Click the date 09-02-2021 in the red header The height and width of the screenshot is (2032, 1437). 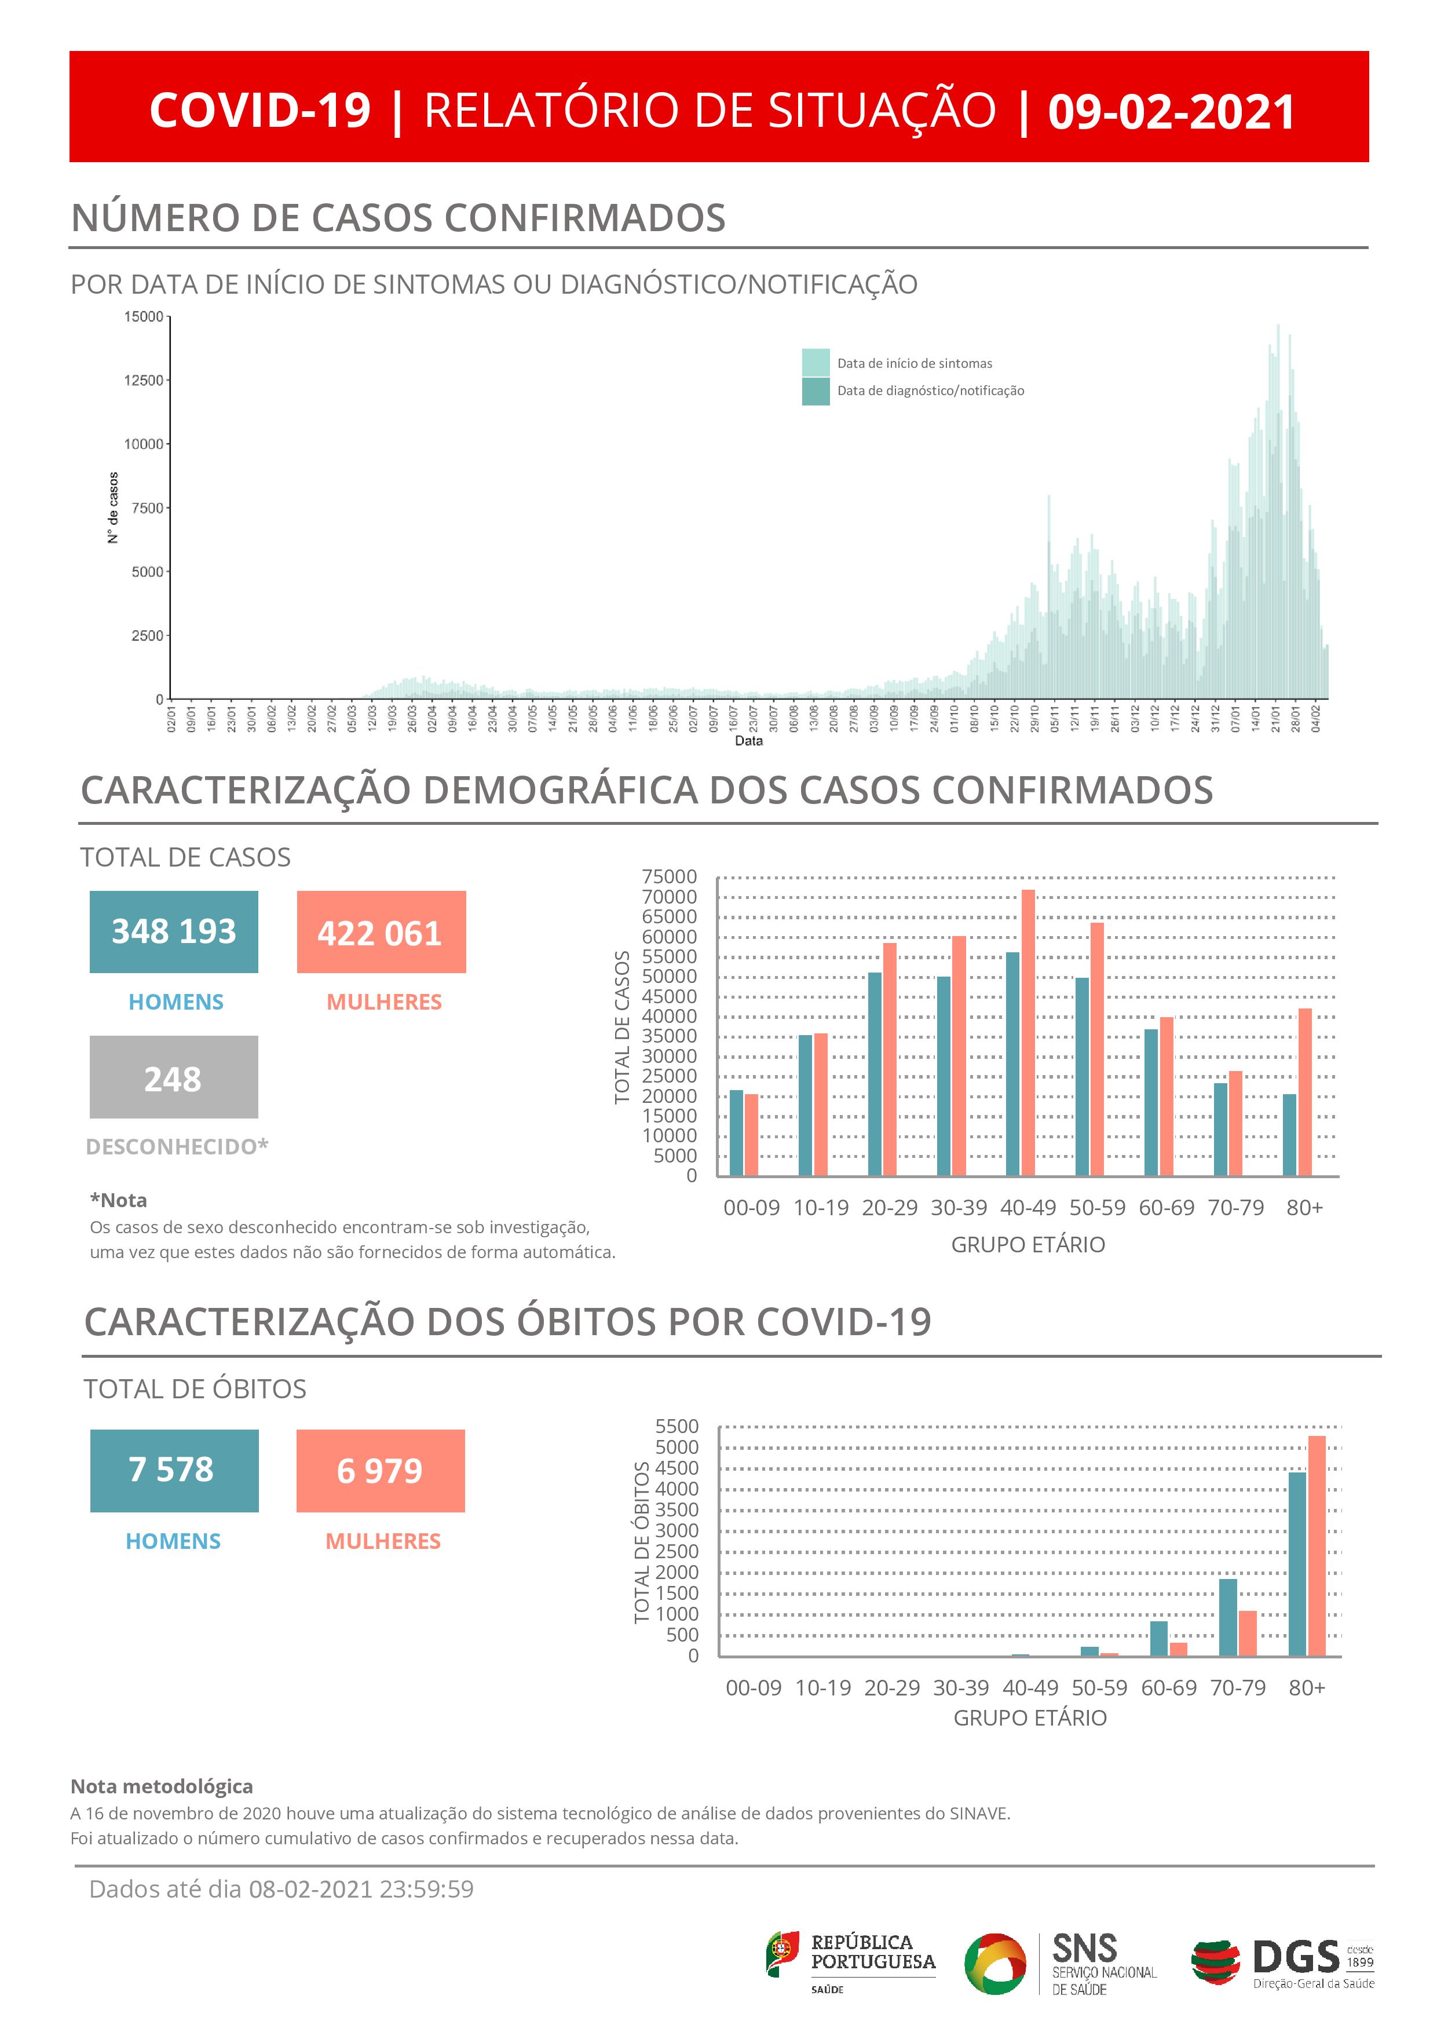[x=1171, y=112]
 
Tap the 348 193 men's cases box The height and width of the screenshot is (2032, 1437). [x=173, y=932]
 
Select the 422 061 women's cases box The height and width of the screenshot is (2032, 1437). [x=381, y=932]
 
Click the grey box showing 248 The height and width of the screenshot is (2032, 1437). [x=173, y=1077]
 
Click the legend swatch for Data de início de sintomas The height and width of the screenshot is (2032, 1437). [x=815, y=363]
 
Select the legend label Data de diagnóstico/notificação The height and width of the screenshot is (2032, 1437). [x=930, y=391]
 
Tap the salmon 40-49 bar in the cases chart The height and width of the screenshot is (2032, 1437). [x=1028, y=1032]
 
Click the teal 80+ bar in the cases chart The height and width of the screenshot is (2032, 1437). [x=1289, y=1135]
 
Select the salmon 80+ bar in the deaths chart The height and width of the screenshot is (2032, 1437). [x=1317, y=1545]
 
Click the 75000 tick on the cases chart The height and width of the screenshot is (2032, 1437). [x=670, y=877]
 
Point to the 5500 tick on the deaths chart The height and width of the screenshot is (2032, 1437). [x=677, y=1427]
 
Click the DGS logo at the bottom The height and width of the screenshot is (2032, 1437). [x=1282, y=1964]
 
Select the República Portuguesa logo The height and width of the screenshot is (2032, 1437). [x=850, y=1963]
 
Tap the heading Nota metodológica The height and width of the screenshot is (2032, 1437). [x=162, y=1787]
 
